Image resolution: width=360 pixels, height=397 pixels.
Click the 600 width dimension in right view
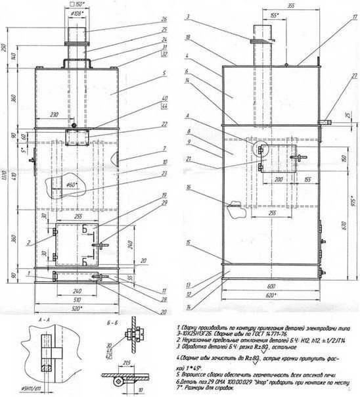point(272,286)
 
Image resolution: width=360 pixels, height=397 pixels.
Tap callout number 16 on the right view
point(188,188)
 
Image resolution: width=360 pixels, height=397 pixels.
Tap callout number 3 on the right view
point(188,15)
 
